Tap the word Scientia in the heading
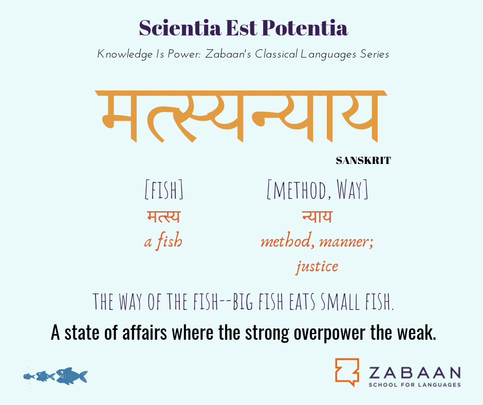180,28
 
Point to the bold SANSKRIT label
363,160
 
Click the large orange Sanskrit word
241,116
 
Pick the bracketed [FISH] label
164,190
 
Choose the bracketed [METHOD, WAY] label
317,190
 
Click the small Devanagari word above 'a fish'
163,216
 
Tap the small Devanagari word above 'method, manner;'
317,216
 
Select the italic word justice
317,267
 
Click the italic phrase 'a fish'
163,241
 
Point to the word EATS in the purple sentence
302,302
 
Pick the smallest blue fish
29,376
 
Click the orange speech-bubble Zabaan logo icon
347,372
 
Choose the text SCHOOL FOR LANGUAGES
415,384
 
